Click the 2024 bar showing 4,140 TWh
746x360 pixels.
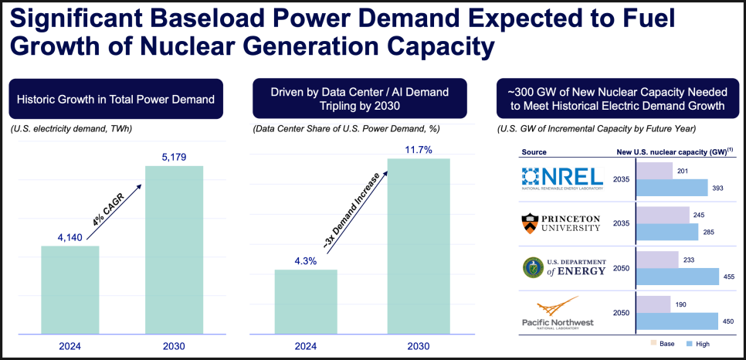pyautogui.click(x=70, y=290)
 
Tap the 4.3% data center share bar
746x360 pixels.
pyautogui.click(x=306, y=301)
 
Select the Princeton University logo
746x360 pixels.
pyautogui.click(x=561, y=223)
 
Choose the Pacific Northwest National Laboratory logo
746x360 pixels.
pyautogui.click(x=561, y=314)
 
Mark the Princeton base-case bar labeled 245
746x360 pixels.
pyautogui.click(x=662, y=215)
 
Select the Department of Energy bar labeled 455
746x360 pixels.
pyautogui.click(x=676, y=276)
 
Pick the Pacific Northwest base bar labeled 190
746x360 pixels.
pyautogui.click(x=652, y=304)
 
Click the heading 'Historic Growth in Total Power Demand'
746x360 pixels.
pyautogui.click(x=116, y=99)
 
